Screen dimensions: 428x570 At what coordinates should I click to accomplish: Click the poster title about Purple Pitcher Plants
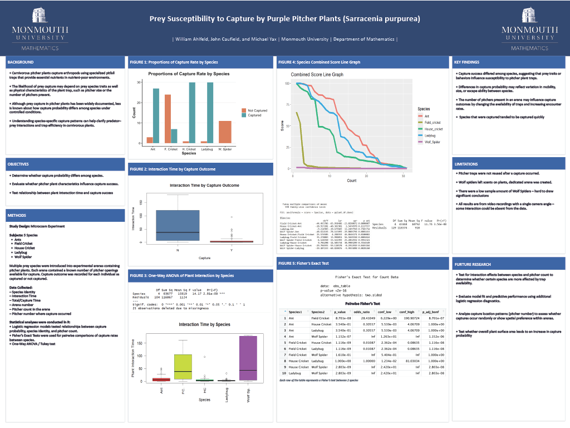coord(284,18)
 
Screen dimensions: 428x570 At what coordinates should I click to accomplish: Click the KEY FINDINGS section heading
coord(466,62)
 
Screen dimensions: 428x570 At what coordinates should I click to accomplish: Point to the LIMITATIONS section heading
coord(466,164)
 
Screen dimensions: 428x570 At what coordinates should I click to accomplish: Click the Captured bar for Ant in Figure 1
coord(156,115)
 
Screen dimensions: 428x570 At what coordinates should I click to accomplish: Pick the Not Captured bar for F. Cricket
coord(167,119)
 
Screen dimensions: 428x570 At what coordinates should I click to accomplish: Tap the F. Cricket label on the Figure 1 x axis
coord(171,149)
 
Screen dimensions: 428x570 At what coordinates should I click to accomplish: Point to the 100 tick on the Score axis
coord(287,84)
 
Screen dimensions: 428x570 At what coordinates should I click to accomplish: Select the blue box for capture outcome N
coord(178,225)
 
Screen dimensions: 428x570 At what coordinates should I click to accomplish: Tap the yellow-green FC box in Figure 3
coord(183,367)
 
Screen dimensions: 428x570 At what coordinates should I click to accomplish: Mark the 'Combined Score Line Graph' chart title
coord(317,74)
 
